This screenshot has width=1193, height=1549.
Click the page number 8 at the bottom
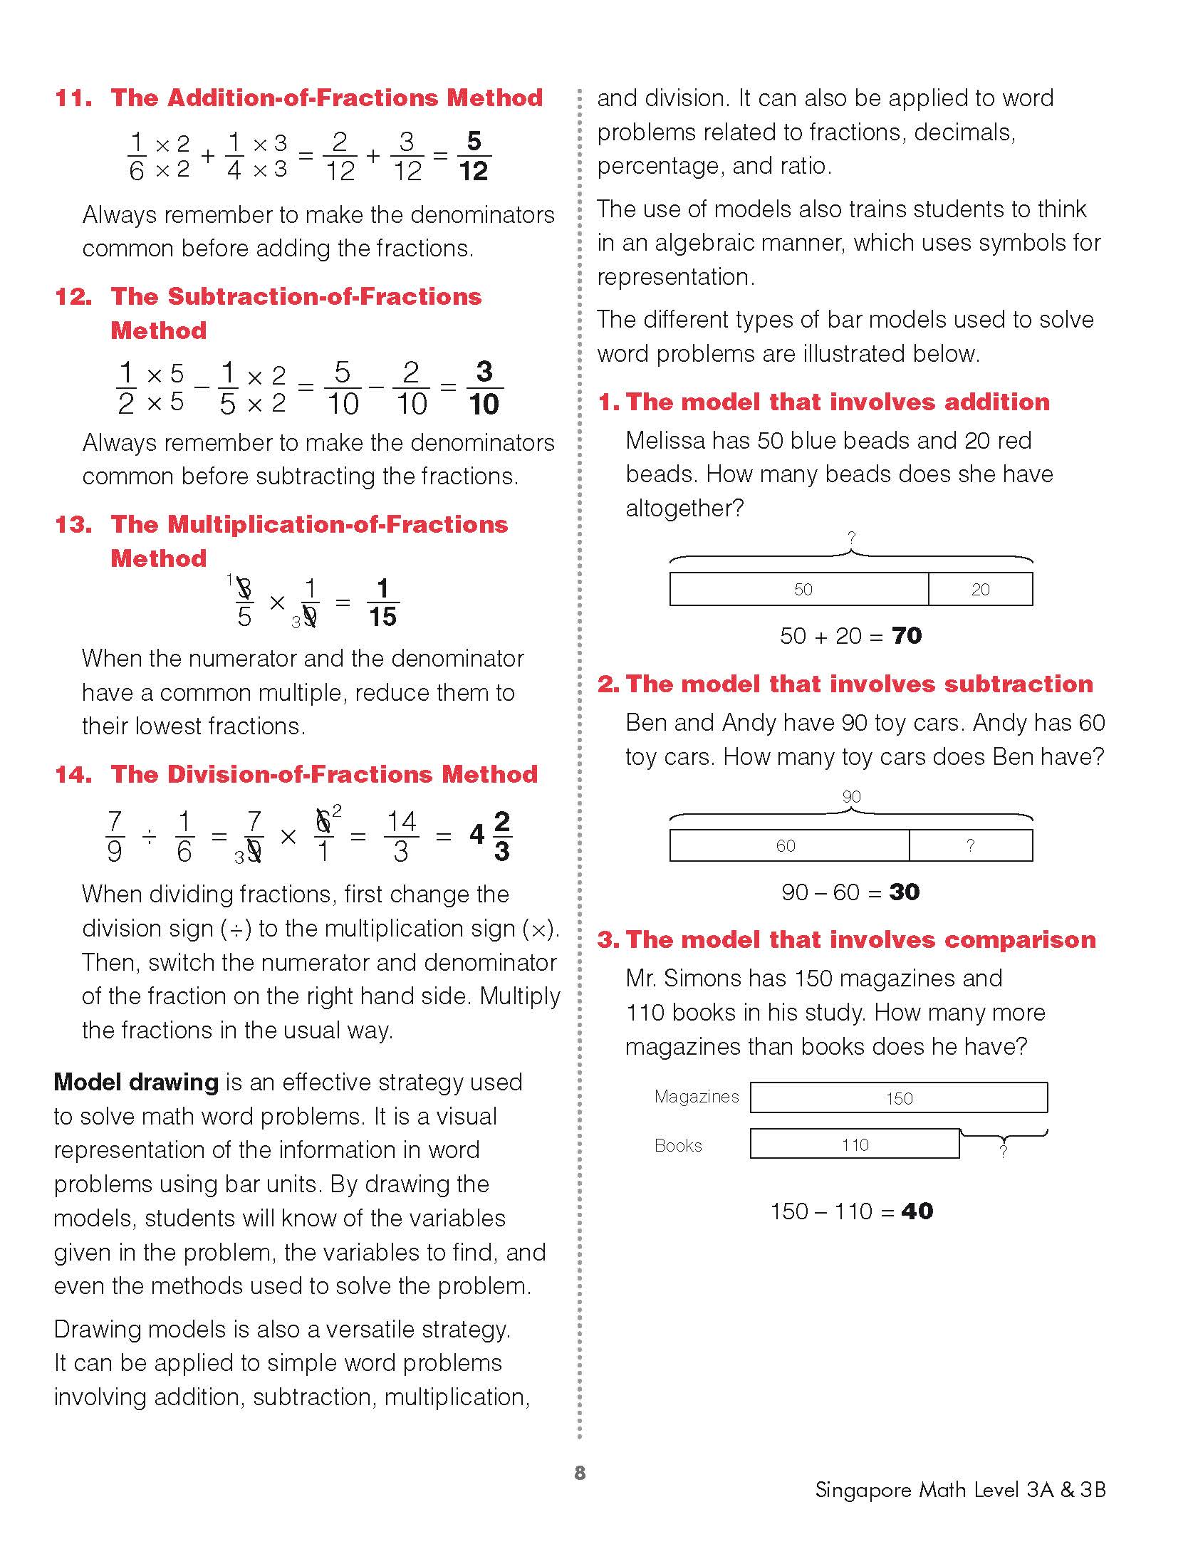[580, 1473]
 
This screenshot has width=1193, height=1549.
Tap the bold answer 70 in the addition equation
[906, 635]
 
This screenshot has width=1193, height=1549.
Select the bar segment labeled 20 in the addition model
[980, 589]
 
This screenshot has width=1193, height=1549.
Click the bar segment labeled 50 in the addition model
[799, 589]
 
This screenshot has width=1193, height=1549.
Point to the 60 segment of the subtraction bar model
[789, 845]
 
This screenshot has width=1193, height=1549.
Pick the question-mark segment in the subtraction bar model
[970, 845]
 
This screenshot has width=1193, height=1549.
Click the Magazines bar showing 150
[899, 1097]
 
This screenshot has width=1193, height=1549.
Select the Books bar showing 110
[855, 1144]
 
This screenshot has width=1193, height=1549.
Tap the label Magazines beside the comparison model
[697, 1096]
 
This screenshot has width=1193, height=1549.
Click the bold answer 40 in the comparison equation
[917, 1211]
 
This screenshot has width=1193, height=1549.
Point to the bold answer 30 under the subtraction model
[904, 892]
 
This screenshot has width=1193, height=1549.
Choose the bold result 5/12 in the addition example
[474, 156]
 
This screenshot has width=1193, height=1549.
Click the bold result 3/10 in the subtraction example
[484, 387]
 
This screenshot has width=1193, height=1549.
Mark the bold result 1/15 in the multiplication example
[382, 603]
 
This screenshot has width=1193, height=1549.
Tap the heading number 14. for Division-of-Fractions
[73, 774]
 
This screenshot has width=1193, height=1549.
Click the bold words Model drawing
[136, 1082]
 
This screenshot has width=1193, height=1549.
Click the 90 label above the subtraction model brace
[851, 796]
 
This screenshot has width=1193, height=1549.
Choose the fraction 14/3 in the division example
[401, 836]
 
